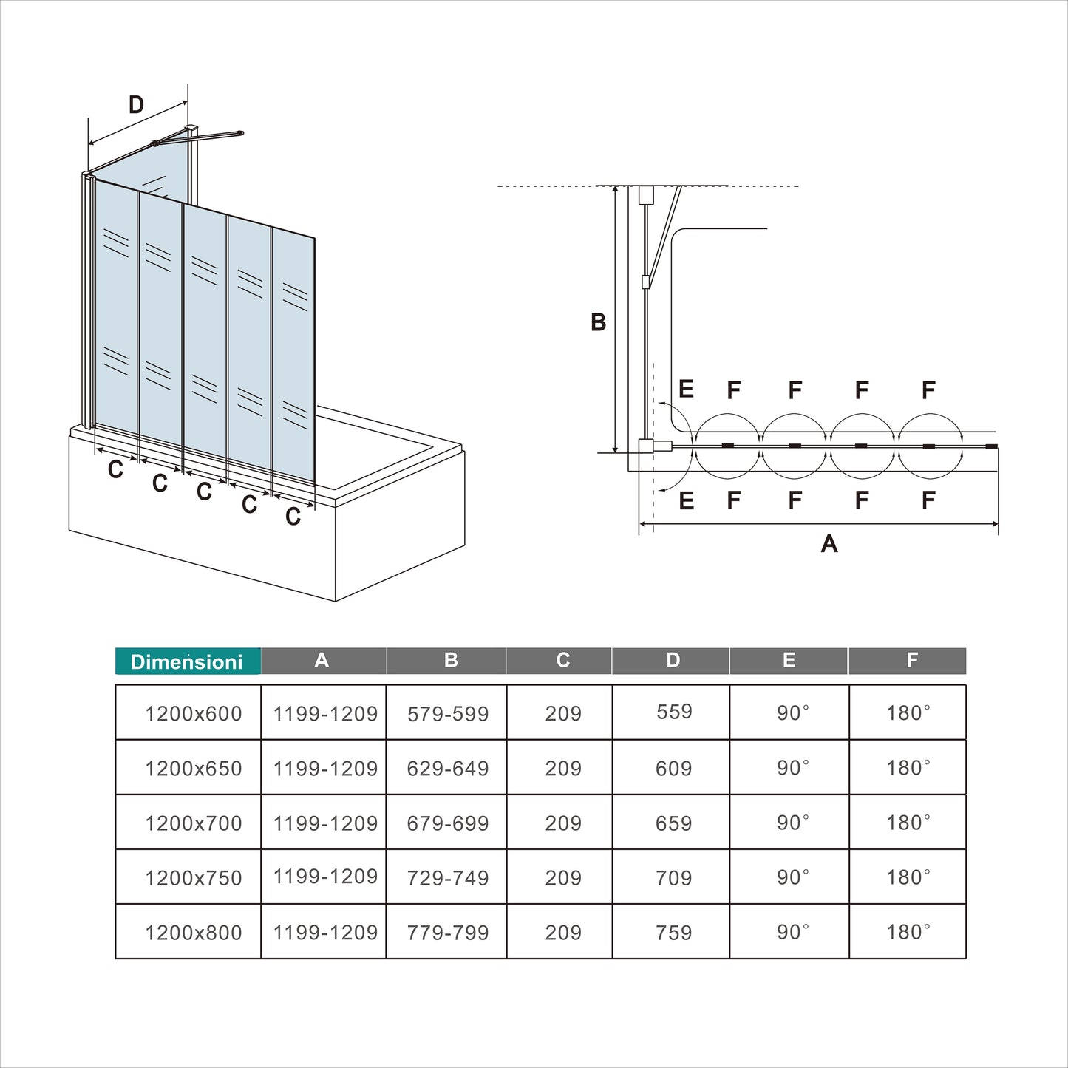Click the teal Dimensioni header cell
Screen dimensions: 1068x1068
tap(187, 661)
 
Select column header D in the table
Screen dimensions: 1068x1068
tap(673, 660)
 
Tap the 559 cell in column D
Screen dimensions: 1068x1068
tap(674, 712)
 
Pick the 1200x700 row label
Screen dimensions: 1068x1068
tap(194, 823)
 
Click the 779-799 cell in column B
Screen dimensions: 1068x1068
tap(448, 933)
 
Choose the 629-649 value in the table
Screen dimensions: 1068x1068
tap(448, 769)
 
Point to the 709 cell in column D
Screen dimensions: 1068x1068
tap(674, 878)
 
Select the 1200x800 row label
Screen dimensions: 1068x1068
tap(194, 933)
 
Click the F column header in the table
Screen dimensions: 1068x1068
tap(912, 660)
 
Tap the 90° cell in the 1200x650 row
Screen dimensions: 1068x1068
tap(792, 768)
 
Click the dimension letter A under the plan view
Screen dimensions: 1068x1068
tap(829, 544)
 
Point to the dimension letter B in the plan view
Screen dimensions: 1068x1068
tap(599, 322)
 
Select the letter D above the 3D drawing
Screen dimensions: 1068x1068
tap(136, 105)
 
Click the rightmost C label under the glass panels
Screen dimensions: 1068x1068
tap(293, 517)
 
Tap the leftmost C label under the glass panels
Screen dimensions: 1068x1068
tap(115, 469)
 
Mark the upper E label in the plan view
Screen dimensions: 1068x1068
tap(686, 390)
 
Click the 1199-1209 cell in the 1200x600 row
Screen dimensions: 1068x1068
tap(325, 714)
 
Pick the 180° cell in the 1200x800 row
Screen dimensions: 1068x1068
tap(908, 932)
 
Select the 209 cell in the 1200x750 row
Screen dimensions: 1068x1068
tap(563, 878)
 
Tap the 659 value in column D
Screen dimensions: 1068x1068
tap(674, 823)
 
